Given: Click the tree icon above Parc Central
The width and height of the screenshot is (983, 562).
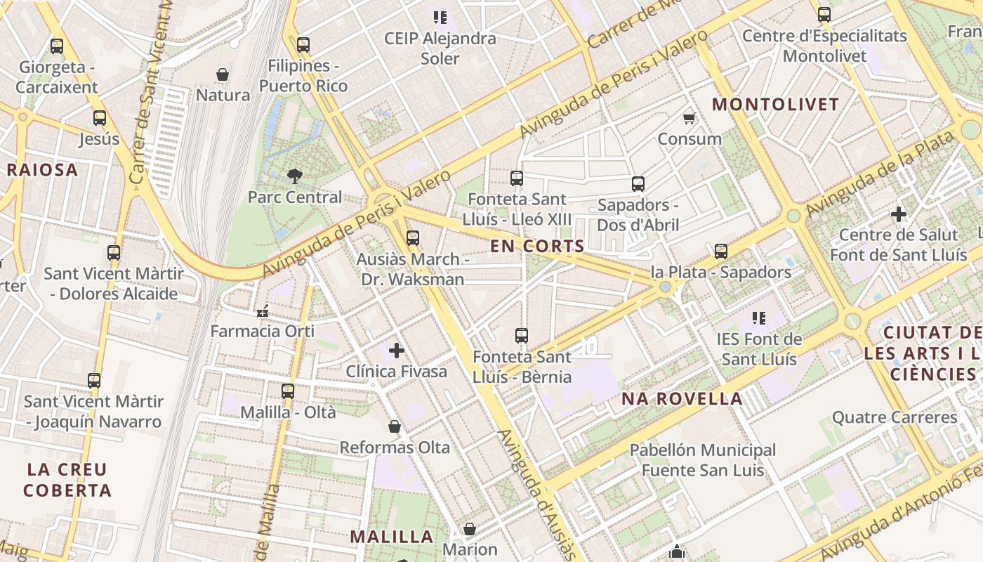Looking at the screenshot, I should (295, 176).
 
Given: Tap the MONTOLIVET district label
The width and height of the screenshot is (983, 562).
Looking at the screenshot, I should (776, 105).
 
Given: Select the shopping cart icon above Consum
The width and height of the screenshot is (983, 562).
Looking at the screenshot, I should (690, 118).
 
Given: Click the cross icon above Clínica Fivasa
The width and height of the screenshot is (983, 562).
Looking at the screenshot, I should (397, 350).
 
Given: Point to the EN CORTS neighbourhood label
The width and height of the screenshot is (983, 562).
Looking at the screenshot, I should (537, 246).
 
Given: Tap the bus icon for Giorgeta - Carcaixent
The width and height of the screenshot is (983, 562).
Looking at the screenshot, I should (57, 46).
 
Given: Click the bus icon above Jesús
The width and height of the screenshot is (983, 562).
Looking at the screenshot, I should (100, 118).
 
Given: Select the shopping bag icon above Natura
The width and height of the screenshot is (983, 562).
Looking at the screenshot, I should (223, 74).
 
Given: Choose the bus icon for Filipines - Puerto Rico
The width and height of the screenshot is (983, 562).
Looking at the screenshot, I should (303, 45).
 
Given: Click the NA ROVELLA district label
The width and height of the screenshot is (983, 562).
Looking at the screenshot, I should (682, 399).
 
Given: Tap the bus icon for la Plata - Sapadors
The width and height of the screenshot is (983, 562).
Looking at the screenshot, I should (721, 251).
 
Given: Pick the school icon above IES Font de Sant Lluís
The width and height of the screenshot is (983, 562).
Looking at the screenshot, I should (759, 318).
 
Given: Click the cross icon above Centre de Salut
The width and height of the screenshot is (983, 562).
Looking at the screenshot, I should (899, 214).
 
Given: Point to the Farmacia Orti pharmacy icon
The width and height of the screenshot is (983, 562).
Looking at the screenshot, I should (263, 311).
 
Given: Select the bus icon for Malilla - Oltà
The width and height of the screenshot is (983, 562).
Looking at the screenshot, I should (288, 391).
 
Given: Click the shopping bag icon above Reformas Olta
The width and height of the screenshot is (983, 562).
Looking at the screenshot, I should (395, 426).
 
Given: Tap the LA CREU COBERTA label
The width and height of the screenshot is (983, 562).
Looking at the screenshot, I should (67, 480).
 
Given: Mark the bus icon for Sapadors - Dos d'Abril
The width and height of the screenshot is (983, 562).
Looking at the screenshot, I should (638, 184).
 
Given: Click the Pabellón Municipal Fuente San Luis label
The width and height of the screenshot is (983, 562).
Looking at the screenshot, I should (702, 459).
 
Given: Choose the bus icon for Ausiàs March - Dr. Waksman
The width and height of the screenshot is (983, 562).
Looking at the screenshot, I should (413, 238).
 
